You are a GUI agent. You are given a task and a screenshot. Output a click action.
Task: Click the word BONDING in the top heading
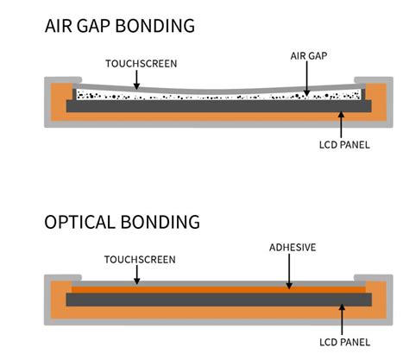(155, 26)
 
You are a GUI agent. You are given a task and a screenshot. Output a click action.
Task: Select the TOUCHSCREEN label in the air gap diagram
(141, 64)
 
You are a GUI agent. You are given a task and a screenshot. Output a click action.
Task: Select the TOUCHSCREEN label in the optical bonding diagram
(140, 260)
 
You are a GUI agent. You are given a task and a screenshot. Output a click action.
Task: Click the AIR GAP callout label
(309, 56)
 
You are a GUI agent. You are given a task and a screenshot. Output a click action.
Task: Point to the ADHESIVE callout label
(293, 248)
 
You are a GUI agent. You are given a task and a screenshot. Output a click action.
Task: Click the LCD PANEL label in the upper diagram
(344, 145)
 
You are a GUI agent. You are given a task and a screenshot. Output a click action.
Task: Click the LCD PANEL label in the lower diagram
(344, 342)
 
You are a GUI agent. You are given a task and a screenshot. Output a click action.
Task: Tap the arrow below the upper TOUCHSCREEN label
(136, 79)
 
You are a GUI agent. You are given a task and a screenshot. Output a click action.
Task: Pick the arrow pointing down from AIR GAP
(307, 79)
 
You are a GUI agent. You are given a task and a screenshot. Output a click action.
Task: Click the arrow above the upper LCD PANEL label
(341, 124)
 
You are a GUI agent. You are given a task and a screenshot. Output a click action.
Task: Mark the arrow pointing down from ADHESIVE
(289, 271)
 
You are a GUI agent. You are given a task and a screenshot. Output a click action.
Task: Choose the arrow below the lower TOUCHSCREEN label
(137, 275)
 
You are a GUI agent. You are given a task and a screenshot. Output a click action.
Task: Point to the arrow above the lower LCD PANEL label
(342, 319)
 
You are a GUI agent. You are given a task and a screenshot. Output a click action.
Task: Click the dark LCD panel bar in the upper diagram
(219, 106)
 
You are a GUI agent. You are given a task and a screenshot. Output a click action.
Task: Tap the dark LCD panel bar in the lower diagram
(219, 300)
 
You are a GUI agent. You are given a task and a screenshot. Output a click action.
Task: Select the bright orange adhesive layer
(218, 289)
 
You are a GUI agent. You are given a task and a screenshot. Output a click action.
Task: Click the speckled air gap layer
(218, 95)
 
